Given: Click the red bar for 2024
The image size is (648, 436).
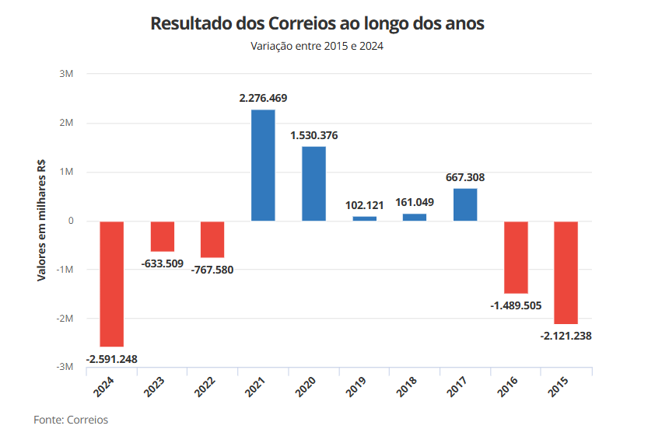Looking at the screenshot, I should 112,284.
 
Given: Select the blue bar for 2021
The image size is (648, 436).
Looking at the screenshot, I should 263,166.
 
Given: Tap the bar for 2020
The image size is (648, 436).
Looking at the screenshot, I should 313,183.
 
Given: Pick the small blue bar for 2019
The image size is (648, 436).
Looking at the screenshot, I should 364,218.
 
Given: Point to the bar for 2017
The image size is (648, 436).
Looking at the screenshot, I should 465,204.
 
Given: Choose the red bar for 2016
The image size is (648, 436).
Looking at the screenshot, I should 516,257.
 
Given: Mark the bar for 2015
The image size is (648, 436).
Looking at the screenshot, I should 566,272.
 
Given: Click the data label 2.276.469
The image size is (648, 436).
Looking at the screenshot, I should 263,98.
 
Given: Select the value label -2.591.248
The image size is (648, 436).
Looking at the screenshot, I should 112,358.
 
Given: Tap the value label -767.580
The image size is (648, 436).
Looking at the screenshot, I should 212,270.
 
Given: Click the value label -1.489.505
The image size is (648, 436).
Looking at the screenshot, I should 516,305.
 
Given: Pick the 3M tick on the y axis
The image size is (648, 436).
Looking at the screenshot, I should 65,75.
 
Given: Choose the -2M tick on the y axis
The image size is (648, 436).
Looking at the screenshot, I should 64,319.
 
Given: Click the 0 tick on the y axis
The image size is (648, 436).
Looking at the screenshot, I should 70,221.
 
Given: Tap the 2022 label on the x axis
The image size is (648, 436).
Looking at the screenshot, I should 205,385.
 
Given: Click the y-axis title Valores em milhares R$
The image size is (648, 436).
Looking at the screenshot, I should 42,221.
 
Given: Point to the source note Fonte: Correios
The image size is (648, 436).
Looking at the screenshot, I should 71,420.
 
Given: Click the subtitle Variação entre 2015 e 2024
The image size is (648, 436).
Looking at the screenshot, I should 317,46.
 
